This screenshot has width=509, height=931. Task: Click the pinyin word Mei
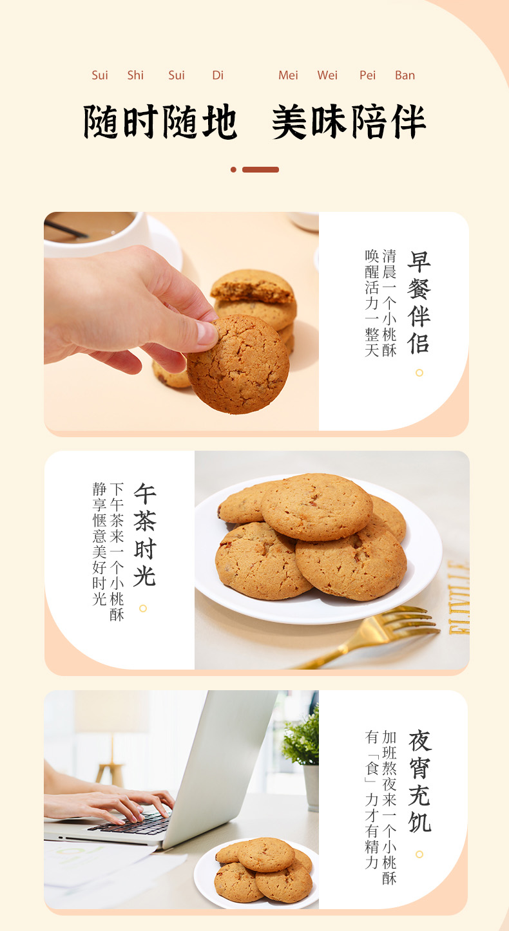288,75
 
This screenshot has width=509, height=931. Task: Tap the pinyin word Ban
405,75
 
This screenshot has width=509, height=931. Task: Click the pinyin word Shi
135,75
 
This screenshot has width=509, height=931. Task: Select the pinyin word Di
218,75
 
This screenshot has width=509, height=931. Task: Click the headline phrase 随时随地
160,122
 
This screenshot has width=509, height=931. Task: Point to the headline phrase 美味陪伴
349,122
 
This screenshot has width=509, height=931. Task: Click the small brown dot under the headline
233,170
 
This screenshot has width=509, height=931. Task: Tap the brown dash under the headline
260,170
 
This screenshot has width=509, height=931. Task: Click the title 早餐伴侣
419,301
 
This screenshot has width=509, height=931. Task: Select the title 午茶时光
144,534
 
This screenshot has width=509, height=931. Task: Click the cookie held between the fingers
238,364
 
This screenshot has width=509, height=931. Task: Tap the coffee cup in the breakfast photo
97,232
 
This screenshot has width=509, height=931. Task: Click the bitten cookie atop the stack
253,286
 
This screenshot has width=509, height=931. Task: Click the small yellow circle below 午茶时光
143,608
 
